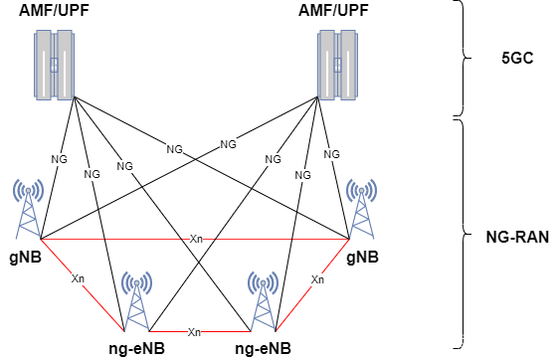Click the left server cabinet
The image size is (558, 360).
[x=55, y=65]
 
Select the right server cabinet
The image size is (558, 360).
[x=337, y=65]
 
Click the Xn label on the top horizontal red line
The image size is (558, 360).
[x=196, y=239]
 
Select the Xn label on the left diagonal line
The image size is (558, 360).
[x=78, y=278]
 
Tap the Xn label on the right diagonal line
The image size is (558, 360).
[x=317, y=279]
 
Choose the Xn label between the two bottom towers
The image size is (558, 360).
[x=194, y=331]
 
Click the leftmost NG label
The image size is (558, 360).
[x=59, y=159]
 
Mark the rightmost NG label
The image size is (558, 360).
[x=331, y=154]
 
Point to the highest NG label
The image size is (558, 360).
[x=228, y=144]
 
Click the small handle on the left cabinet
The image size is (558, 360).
[x=55, y=65]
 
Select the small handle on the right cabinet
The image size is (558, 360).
[x=337, y=65]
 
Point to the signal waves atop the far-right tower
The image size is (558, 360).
[x=361, y=189]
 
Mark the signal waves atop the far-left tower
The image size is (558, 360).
[x=28, y=189]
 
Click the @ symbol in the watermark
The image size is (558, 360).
[x=463, y=341]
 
